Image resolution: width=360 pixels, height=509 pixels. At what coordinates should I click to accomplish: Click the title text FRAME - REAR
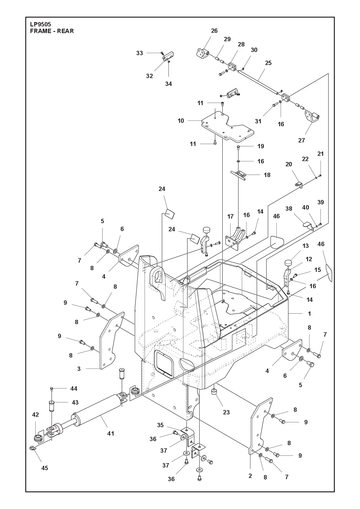tap(52, 31)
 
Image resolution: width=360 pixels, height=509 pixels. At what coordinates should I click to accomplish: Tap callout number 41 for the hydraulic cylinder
tap(111, 433)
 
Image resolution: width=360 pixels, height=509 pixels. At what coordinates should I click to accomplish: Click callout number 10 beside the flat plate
tap(181, 121)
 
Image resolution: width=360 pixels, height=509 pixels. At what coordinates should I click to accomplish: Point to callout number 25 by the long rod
tap(268, 63)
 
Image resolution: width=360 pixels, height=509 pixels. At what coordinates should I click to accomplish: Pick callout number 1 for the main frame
tap(309, 314)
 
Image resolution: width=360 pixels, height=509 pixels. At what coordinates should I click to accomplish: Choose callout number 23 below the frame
tap(226, 412)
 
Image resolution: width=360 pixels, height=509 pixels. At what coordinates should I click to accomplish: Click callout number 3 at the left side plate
tap(79, 369)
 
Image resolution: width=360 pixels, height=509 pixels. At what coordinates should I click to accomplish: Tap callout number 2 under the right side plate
tap(250, 476)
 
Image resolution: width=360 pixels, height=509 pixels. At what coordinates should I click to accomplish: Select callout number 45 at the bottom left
tap(44, 468)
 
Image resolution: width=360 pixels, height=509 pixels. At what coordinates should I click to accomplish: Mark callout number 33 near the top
tap(139, 53)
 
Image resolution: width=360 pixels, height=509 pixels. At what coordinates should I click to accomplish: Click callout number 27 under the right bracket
tap(301, 140)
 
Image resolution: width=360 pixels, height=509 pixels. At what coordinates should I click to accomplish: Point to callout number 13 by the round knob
tap(306, 246)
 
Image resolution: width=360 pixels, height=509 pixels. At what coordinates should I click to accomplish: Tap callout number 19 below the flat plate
tap(261, 146)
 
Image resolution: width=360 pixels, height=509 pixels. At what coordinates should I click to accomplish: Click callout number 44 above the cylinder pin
tap(74, 389)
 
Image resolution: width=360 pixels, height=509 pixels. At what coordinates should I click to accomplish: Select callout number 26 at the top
tap(214, 31)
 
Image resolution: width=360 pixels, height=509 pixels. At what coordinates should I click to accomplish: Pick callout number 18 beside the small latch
tap(267, 175)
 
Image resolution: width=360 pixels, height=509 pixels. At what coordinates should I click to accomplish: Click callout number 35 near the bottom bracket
tap(160, 425)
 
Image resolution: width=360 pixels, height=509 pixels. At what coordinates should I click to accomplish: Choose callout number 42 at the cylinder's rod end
tap(35, 415)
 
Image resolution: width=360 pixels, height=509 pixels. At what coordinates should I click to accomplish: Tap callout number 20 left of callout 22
tap(289, 164)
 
